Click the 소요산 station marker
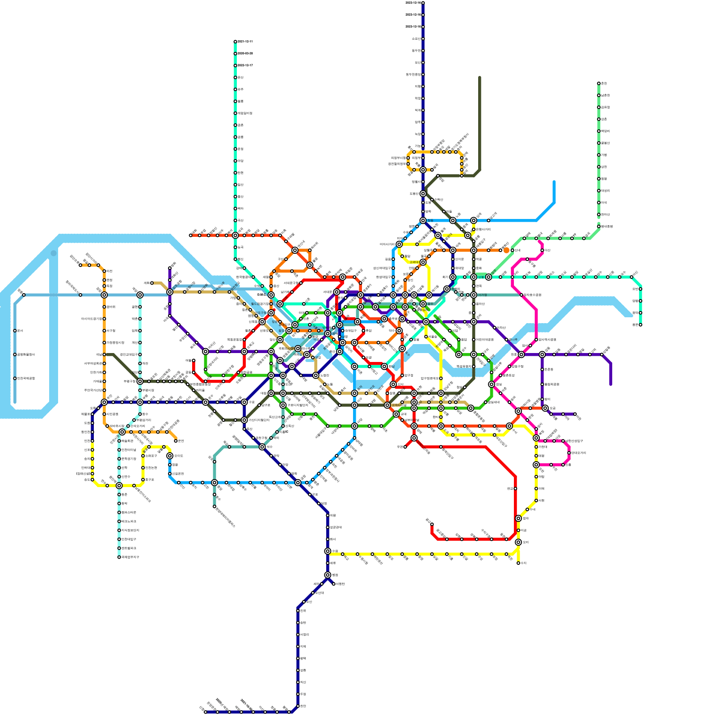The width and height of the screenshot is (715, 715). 423,38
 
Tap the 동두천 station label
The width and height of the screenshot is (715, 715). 415,50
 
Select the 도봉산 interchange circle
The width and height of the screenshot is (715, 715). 423,193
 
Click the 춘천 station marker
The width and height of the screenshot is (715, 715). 599,84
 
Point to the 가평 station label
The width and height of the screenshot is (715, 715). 605,155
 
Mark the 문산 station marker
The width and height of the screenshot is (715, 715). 235,77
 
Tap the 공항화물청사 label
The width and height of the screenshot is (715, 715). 26,354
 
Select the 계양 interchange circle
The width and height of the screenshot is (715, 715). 140,295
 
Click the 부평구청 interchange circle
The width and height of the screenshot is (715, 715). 140,381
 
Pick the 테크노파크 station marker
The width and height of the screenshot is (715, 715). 119,522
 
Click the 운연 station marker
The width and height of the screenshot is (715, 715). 176,441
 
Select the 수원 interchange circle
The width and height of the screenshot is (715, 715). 328,551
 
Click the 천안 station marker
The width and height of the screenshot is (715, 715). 298,706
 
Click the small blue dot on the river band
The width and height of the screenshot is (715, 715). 54,253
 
